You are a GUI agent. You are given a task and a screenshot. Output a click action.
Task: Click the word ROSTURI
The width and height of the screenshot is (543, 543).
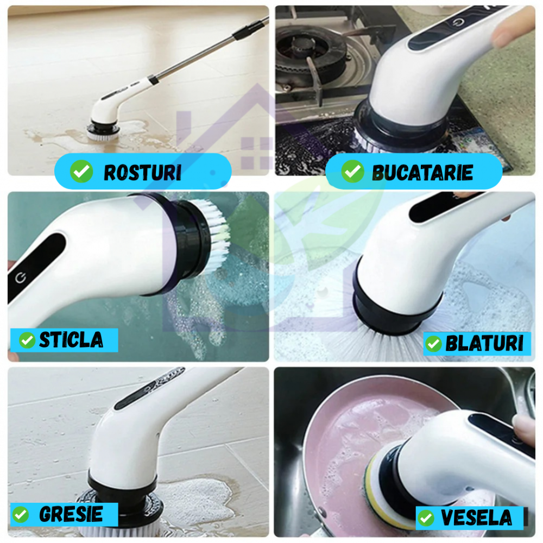(142, 173)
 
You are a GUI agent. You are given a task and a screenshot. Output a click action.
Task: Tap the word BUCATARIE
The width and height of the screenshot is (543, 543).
(422, 173)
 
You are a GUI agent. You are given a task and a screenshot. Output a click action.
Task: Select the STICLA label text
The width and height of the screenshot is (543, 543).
(71, 340)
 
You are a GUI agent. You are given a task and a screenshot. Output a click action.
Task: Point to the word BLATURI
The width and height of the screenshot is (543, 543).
(484, 343)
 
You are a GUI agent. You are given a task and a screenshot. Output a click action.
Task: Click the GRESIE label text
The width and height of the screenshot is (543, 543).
(71, 514)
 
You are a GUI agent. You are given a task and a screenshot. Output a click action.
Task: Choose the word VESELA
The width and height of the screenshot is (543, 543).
(476, 517)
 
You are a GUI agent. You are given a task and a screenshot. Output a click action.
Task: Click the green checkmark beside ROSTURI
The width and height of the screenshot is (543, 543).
(81, 171)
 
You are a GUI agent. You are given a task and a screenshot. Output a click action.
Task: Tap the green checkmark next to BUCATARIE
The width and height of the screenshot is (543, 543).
(352, 171)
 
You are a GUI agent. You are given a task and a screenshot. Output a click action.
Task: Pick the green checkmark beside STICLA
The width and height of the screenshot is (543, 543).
(27, 340)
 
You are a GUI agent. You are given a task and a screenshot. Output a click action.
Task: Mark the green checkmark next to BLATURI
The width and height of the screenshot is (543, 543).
(433, 344)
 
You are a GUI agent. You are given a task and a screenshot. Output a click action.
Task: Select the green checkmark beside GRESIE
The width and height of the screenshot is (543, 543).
(21, 515)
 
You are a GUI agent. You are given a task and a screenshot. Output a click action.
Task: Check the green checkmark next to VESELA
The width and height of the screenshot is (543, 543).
(426, 518)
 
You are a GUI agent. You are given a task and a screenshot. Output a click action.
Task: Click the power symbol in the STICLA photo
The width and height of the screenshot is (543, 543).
(21, 277)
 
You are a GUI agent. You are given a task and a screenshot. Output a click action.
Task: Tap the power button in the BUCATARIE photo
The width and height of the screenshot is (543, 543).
(459, 23)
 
